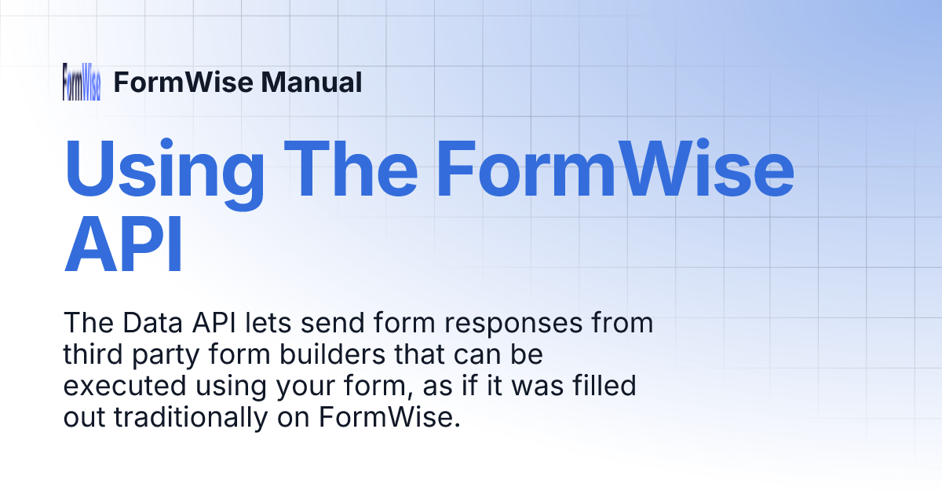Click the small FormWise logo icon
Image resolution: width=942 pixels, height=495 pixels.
click(x=81, y=82)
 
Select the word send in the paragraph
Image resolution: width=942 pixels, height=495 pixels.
click(x=326, y=324)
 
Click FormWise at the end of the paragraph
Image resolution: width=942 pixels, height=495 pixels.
click(x=389, y=418)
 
